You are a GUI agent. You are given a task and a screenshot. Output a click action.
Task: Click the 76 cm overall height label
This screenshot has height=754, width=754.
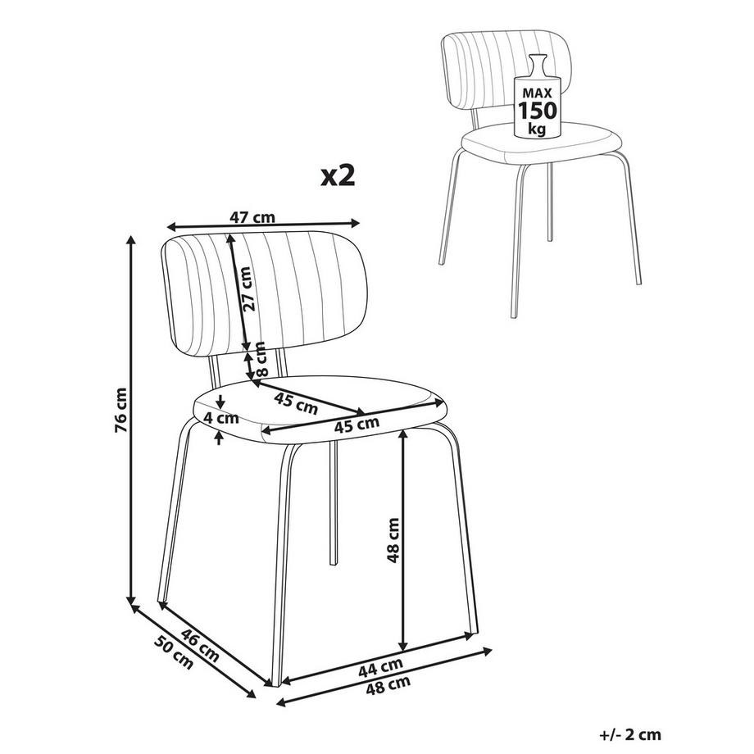(x=121, y=410)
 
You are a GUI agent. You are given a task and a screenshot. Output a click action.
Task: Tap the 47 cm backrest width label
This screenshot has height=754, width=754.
(x=252, y=217)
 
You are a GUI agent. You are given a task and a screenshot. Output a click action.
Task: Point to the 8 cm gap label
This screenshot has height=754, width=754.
(x=260, y=358)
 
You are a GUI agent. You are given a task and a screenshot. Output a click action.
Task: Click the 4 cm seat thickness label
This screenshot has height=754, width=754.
(x=221, y=418)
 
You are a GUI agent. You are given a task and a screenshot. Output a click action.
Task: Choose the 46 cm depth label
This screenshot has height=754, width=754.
(x=199, y=644)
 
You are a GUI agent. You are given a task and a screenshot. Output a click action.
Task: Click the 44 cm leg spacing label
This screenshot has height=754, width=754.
(x=380, y=667)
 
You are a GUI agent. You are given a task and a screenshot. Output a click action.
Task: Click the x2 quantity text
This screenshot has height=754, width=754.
(x=338, y=175)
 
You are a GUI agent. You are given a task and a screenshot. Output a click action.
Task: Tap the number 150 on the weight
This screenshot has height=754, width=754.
(x=537, y=110)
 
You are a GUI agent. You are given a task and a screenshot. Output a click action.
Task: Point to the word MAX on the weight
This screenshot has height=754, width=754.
(x=537, y=93)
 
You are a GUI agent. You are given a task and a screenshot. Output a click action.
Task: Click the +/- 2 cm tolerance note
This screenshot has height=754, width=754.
(x=630, y=734)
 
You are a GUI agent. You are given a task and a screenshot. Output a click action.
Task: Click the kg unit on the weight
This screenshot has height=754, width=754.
(x=537, y=129)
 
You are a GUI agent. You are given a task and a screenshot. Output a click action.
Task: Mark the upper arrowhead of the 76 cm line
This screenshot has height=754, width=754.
(x=130, y=240)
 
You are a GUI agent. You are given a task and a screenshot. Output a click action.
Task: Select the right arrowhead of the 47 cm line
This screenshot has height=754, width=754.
(x=354, y=223)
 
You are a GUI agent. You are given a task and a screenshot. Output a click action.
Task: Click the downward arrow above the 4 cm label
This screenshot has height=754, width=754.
(x=220, y=401)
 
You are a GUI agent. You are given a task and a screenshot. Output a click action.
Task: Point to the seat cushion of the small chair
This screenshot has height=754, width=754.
(x=542, y=143)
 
